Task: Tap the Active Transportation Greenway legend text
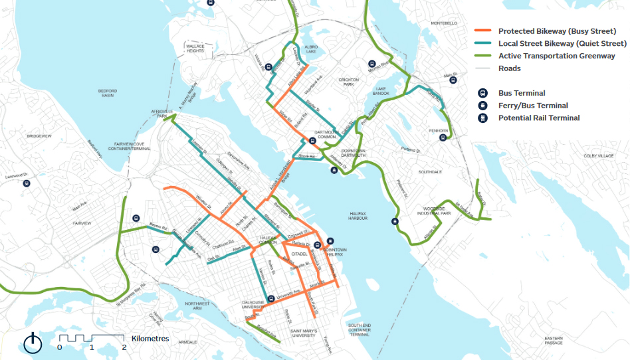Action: pos(556,56)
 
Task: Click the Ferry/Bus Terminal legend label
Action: pos(533,106)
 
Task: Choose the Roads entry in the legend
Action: pos(510,68)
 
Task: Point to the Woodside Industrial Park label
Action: pos(435,211)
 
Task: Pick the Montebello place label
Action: pos(444,23)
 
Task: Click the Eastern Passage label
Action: pos(553,339)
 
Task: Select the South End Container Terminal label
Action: pos(359,330)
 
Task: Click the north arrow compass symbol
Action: pos(33,343)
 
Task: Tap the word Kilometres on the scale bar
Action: pos(150,339)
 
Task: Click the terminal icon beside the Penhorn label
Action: pos(443,139)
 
